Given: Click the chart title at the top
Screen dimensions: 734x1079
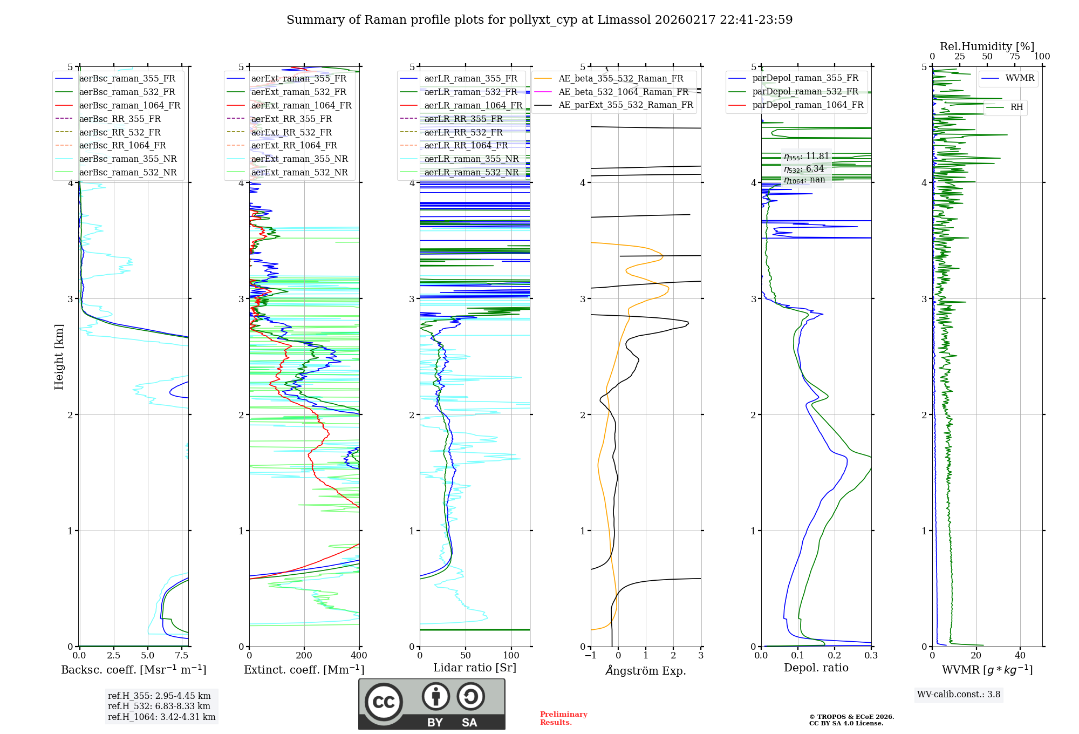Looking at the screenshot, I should point(539,20).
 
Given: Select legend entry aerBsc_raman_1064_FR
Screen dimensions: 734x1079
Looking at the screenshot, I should point(129,106).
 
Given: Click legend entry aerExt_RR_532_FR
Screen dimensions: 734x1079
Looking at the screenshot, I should point(291,132).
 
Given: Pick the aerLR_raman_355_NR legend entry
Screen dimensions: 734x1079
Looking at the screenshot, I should point(471,159).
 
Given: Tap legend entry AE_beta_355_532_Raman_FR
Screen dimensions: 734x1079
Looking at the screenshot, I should point(620,79).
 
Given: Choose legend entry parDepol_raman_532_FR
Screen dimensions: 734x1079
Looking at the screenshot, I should point(805,92).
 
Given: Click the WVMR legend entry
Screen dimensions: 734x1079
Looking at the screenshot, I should point(1020,78).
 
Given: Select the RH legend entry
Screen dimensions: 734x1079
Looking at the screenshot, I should point(1016,107).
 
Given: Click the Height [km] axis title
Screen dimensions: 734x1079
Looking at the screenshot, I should point(59,357).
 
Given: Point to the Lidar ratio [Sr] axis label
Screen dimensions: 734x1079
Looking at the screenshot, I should point(475,668).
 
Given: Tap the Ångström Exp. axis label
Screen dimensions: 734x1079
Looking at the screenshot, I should point(646,671).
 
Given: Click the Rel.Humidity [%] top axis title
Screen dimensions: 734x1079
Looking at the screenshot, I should point(987,46).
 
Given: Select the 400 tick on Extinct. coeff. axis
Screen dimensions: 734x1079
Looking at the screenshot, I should point(359,656).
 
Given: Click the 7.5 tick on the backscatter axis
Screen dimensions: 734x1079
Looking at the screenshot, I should point(182,656).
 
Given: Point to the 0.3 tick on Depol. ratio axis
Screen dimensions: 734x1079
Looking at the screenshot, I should point(871,656).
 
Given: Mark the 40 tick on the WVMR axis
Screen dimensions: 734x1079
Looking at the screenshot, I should point(1020,656).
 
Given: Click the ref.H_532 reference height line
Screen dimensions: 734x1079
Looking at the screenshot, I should point(159,706).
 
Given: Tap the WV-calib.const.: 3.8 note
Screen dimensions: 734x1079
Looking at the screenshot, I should point(959,695).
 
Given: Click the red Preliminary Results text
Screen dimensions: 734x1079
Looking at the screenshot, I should point(563,718).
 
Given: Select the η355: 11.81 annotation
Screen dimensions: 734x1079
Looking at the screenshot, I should point(806,157).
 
